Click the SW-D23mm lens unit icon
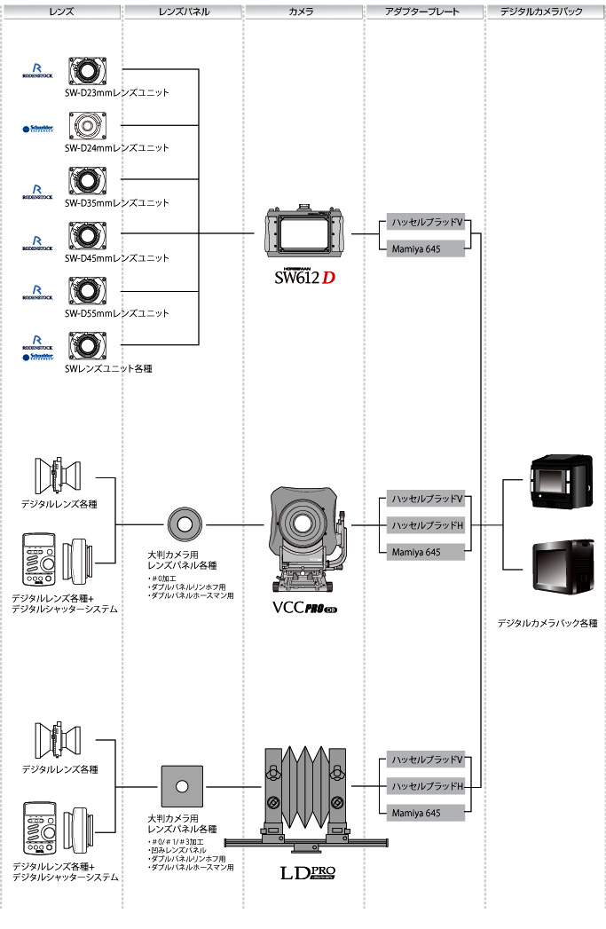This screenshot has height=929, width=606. coord(88,71)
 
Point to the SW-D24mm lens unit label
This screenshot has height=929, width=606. coord(116,147)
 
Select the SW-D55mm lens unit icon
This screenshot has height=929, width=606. coord(88,291)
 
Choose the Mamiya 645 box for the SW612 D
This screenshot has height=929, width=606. coord(426,250)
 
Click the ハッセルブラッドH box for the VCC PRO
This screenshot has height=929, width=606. coord(426,525)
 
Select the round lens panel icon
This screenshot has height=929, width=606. coord(184,524)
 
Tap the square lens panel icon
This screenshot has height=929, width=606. coord(182,786)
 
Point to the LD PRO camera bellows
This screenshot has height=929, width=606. coord(303,786)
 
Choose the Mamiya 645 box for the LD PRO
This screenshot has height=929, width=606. coord(426,812)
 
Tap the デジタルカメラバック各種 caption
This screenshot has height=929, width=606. coord(547,624)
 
